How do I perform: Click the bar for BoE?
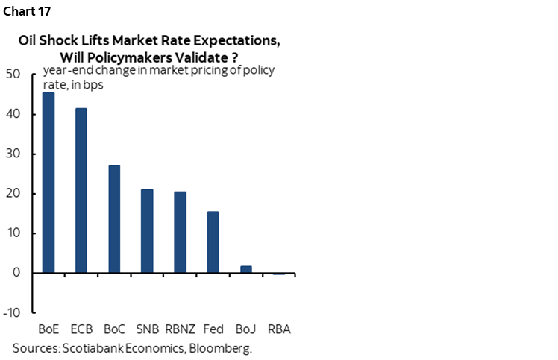[x=48, y=183]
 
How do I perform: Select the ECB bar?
[x=81, y=190]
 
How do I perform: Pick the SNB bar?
[x=147, y=231]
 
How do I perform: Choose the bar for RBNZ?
[x=180, y=232]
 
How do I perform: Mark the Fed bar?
[x=213, y=241]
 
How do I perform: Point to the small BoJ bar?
[x=245, y=269]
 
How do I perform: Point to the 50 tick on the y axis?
[x=13, y=75]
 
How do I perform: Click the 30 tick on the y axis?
[x=13, y=154]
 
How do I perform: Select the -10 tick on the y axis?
[x=12, y=312]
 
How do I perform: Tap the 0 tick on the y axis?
[x=16, y=273]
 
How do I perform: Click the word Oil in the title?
[x=30, y=41]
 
